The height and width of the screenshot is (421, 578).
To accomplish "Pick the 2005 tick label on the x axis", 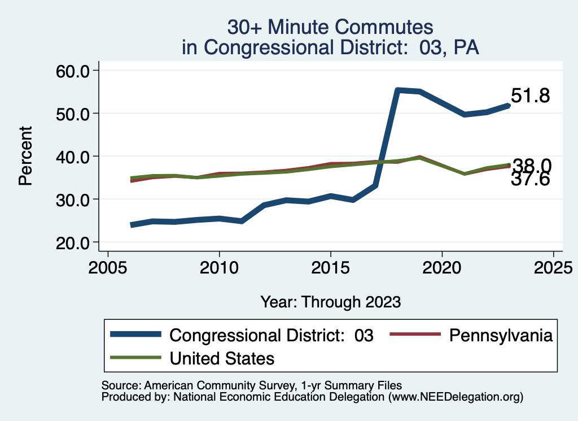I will tap(108, 266).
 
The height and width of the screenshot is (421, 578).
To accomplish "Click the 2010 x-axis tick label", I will tap(219, 266).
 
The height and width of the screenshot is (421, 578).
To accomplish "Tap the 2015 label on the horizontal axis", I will tap(330, 266).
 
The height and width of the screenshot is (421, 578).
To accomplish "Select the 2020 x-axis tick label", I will tap(441, 266).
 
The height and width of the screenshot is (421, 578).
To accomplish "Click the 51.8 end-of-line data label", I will tap(530, 96).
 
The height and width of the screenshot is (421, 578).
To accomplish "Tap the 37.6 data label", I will tap(530, 180).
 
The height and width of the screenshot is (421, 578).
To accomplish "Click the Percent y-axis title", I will tap(25, 156).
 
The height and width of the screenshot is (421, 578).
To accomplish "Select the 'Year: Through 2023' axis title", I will tap(330, 302).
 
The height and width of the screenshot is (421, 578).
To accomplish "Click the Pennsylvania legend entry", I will tap(500, 335).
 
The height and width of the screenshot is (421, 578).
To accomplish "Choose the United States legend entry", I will tap(222, 358).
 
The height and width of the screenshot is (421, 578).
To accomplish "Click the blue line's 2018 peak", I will tap(397, 90).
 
